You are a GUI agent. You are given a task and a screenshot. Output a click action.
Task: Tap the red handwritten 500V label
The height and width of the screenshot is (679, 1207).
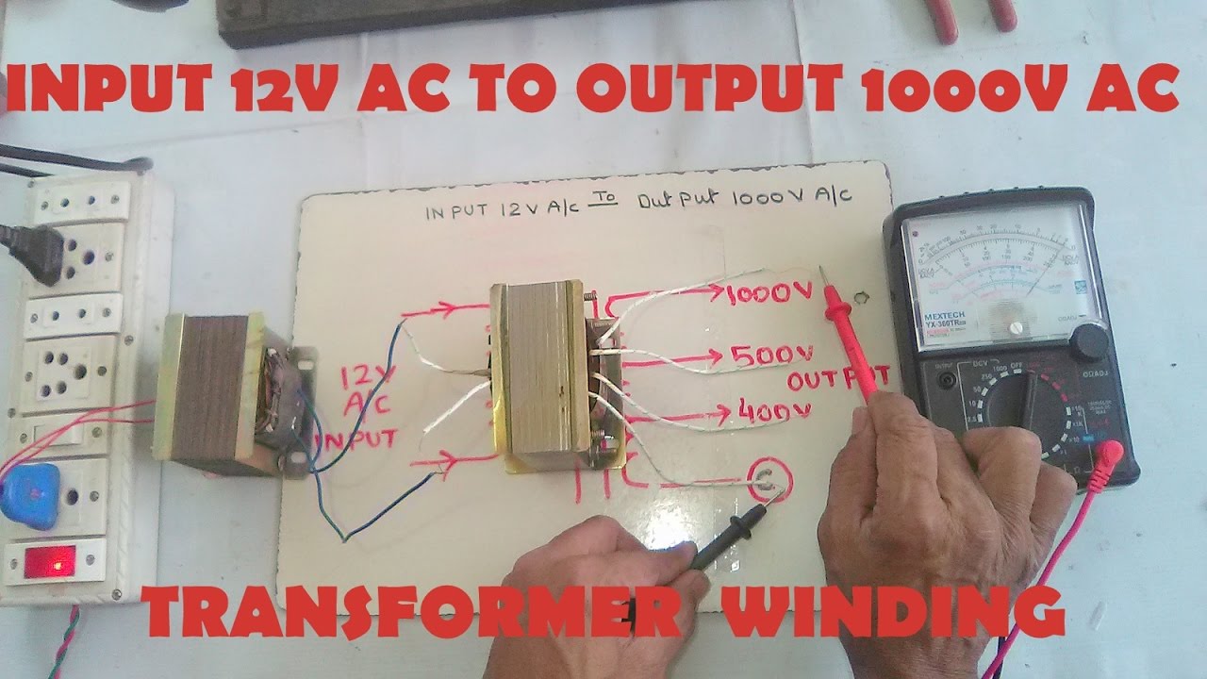[771, 356]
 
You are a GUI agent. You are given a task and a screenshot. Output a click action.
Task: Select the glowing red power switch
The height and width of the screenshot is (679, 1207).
[50, 562]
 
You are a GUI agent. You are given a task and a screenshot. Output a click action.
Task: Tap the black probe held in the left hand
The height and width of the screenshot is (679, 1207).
[727, 538]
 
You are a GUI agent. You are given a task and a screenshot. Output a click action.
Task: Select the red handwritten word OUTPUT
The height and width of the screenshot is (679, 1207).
[838, 380]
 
